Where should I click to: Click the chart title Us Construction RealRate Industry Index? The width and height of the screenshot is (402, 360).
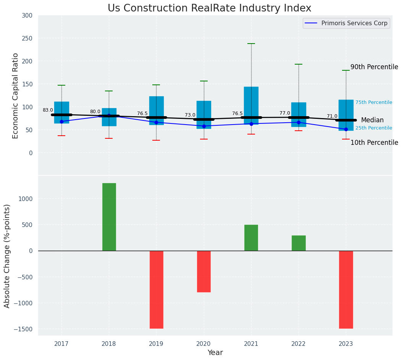pyautogui.click(x=209, y=8)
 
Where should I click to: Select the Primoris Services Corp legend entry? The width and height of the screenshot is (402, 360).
pyautogui.click(x=354, y=23)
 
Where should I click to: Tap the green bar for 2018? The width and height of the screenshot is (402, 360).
pyautogui.click(x=109, y=217)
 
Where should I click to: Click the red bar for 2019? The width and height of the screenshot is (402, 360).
pyautogui.click(x=157, y=289)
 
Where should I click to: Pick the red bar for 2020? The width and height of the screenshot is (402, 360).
pyautogui.click(x=204, y=271)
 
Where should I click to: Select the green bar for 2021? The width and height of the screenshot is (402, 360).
pyautogui.click(x=251, y=238)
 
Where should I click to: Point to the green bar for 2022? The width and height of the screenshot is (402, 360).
pyautogui.click(x=299, y=243)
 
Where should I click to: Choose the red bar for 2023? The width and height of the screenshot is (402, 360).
pyautogui.click(x=346, y=289)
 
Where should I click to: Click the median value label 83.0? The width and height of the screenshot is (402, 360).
pyautogui.click(x=48, y=110)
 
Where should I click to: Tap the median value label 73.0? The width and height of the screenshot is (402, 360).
pyautogui.click(x=190, y=115)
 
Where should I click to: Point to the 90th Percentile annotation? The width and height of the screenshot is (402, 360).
pyautogui.click(x=374, y=67)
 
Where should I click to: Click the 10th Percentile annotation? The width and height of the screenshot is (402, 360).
pyautogui.click(x=374, y=143)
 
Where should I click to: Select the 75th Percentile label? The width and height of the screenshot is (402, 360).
pyautogui.click(x=374, y=102)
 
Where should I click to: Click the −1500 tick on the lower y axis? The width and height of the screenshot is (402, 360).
pyautogui.click(x=24, y=329)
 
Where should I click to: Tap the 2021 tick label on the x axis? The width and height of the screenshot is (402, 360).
pyautogui.click(x=251, y=344)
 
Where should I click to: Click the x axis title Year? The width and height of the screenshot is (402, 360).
pyautogui.click(x=215, y=353)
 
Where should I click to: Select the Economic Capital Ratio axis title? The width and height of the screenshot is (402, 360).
pyautogui.click(x=16, y=96)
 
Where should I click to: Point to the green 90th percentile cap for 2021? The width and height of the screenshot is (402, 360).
pyautogui.click(x=251, y=44)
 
